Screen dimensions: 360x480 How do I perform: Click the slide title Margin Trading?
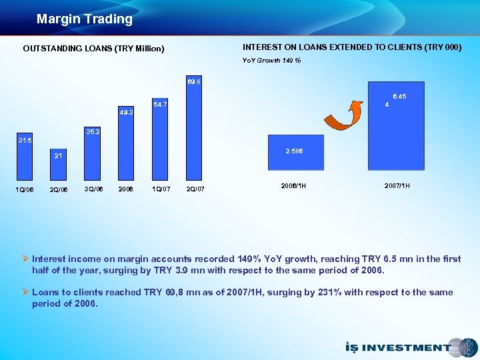point(85,19)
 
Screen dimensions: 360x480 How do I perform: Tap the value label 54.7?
point(160,105)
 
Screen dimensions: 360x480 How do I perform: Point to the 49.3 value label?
point(126,113)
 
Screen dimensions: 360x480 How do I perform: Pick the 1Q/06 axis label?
point(24,189)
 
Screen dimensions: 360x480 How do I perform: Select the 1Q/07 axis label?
point(160,189)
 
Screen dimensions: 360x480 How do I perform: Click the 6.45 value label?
point(399,97)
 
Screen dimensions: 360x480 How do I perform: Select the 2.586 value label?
point(295,151)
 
